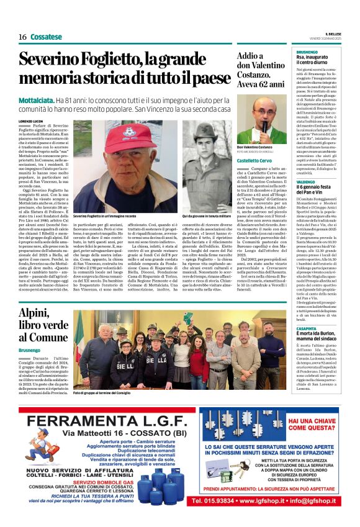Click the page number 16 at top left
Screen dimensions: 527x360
pos(22,37)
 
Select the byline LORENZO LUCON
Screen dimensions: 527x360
pos(32,120)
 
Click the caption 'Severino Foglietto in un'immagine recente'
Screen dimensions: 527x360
pos(104,215)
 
